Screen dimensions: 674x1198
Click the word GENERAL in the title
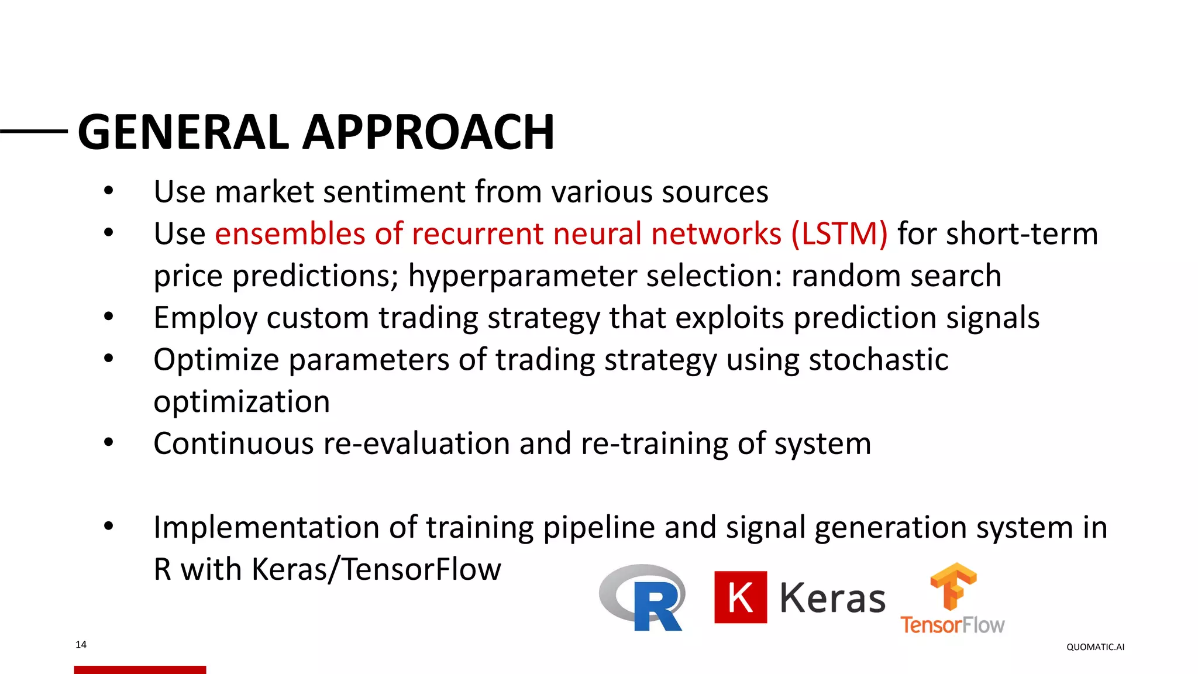(x=183, y=132)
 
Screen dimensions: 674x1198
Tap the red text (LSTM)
(x=839, y=234)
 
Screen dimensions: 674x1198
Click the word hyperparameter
(x=522, y=276)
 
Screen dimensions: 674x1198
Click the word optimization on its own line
(x=242, y=402)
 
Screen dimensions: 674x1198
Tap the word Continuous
(x=233, y=443)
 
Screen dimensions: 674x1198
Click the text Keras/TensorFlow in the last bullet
(x=376, y=570)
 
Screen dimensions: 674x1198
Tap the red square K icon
(x=740, y=597)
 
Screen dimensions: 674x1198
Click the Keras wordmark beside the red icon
(x=832, y=599)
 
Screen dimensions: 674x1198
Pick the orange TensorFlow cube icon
(x=953, y=586)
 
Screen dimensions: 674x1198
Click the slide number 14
(x=81, y=645)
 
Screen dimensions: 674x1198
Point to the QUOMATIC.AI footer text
(x=1095, y=647)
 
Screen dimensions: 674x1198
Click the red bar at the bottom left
(x=140, y=669)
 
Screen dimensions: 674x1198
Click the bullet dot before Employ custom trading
(x=108, y=317)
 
